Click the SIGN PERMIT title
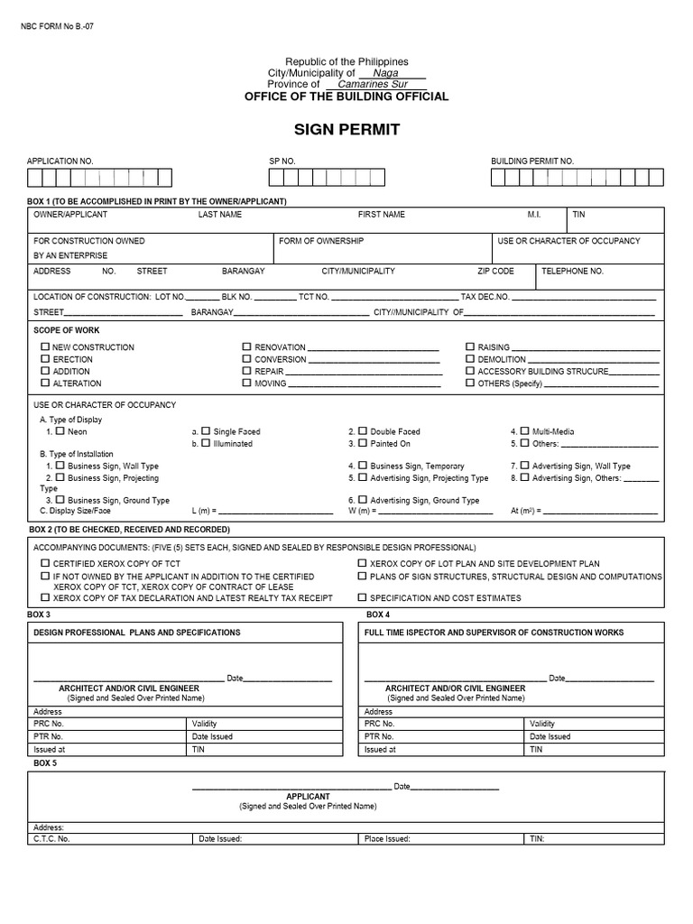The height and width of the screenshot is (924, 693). (346, 130)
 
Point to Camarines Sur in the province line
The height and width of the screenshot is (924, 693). (373, 85)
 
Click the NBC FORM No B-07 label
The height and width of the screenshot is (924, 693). (57, 26)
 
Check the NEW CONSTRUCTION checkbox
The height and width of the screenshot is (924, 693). (44, 346)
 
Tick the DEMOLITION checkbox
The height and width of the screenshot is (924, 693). (470, 359)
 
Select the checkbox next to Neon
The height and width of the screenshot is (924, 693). (60, 431)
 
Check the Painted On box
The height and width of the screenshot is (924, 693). (362, 443)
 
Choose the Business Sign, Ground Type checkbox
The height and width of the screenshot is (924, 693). (60, 499)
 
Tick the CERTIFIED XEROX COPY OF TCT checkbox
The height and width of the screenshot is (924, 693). (44, 562)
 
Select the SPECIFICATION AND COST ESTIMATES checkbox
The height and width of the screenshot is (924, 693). (362, 597)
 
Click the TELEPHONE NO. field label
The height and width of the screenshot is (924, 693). (572, 271)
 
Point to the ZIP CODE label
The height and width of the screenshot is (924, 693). (495, 271)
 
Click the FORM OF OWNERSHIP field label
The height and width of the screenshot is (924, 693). (321, 241)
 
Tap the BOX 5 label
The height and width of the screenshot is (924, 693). (45, 762)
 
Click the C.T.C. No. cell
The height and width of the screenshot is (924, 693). (51, 838)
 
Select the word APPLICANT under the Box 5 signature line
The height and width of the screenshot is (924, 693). (308, 797)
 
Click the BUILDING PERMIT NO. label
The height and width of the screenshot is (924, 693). (532, 161)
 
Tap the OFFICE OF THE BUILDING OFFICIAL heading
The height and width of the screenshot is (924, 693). (346, 97)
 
